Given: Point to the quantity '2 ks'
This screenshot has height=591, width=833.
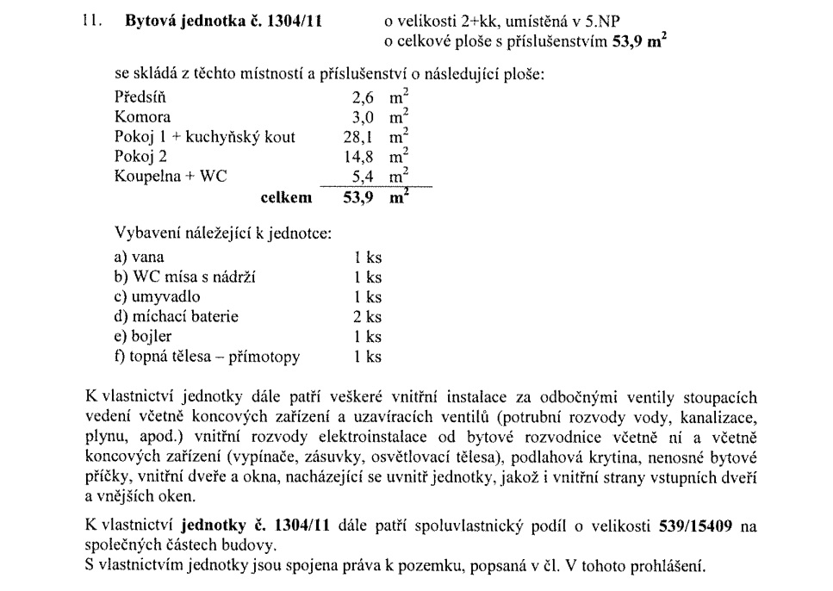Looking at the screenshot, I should pos(368,317).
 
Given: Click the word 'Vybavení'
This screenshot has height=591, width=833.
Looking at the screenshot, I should pos(145,233).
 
